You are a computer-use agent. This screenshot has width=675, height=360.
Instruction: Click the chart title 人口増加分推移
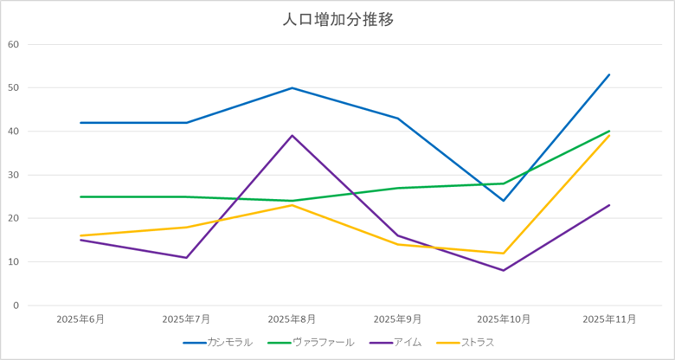337,19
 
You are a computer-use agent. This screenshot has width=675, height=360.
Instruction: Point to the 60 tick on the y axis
13,44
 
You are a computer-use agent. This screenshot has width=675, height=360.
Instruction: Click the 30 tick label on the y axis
13,175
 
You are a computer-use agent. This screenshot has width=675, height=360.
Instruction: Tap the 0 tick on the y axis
16,305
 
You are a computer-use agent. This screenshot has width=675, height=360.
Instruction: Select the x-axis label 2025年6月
80,319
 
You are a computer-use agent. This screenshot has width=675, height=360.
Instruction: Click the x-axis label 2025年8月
292,319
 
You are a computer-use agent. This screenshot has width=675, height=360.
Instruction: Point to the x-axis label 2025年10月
504,319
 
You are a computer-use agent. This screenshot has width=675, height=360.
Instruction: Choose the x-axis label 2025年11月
609,319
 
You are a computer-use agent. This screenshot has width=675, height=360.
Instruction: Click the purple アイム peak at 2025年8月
292,135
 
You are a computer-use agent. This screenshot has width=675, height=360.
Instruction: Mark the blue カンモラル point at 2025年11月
609,74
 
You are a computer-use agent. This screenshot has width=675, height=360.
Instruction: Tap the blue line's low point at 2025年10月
504,201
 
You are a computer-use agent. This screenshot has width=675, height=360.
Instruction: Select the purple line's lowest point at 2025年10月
504,270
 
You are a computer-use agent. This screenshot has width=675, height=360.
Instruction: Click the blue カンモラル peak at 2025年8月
292,87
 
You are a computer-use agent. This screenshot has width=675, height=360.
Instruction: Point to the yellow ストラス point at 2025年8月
292,205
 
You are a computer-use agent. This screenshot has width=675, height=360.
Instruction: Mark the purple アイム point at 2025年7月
186,257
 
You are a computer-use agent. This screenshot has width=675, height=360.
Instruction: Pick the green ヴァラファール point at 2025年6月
80,196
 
